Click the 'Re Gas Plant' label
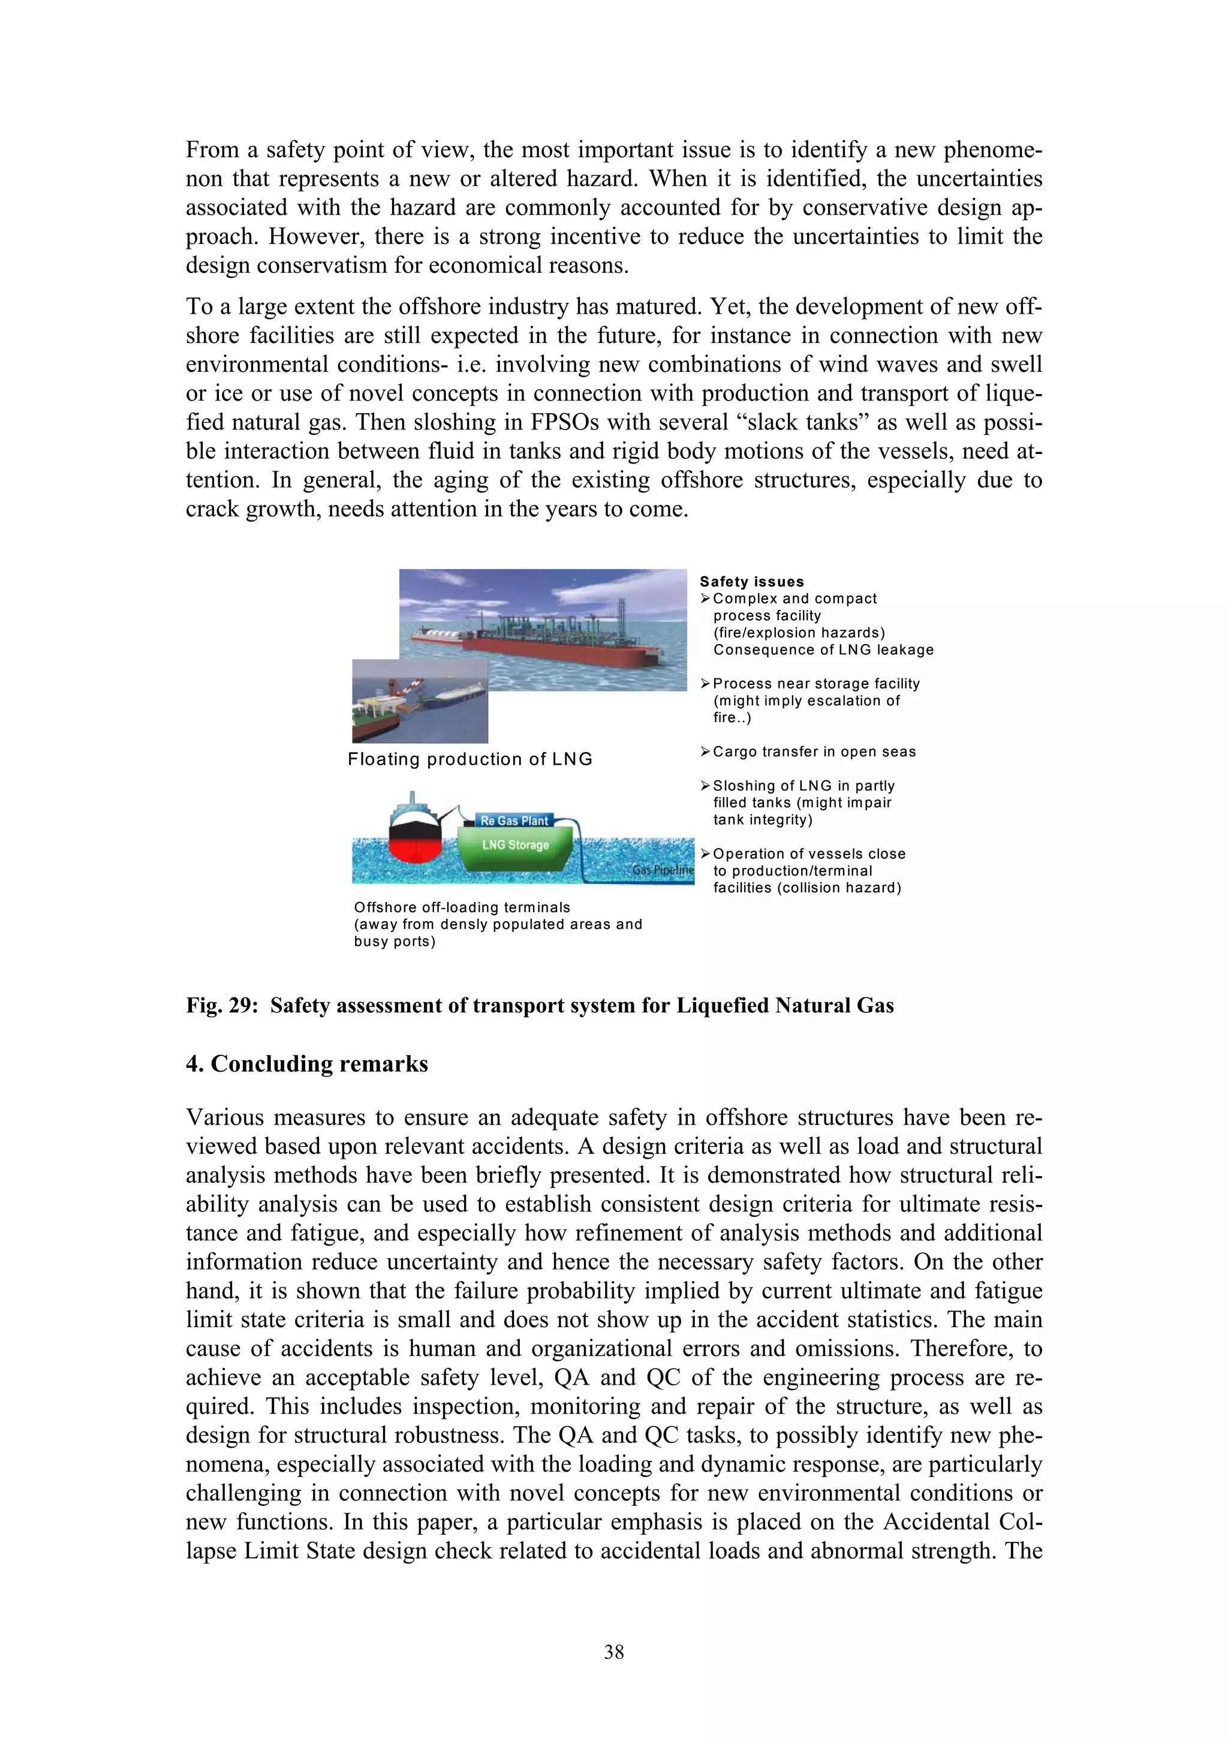(514, 820)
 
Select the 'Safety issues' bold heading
(751, 581)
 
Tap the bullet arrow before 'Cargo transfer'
(705, 751)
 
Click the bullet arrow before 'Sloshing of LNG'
(705, 785)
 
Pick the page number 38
(613, 1652)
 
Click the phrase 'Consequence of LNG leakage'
(823, 650)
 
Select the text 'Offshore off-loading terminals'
(462, 907)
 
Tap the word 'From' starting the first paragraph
(213, 150)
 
